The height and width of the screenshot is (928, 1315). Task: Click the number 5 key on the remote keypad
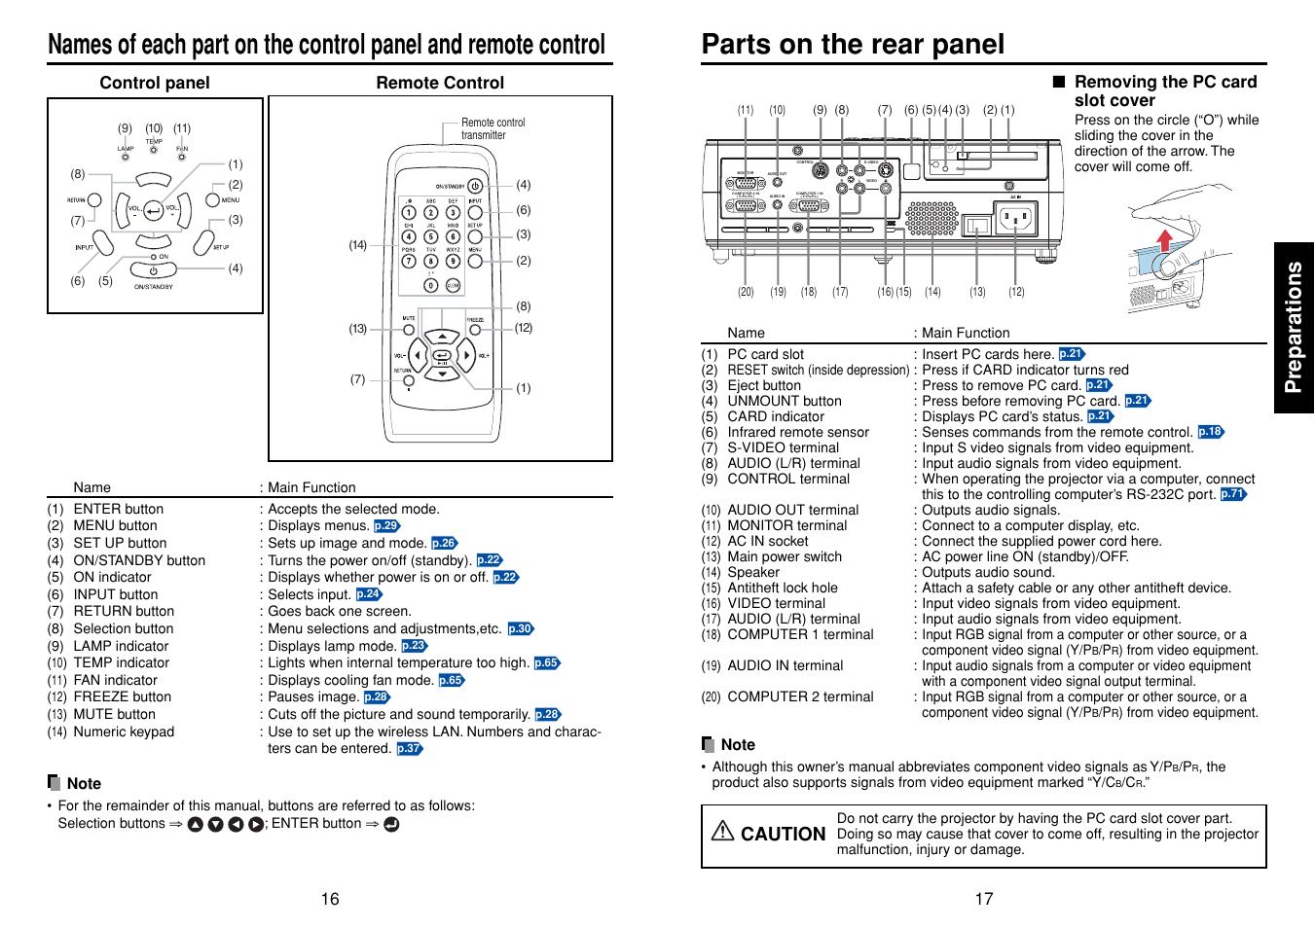pos(430,236)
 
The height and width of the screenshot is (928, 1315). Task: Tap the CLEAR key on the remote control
pos(453,285)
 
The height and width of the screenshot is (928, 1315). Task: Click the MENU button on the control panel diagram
pos(212,200)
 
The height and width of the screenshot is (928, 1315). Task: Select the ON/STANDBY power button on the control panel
pos(153,270)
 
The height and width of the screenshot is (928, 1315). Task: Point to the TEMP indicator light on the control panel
pos(154,150)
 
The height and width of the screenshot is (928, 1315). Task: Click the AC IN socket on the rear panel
pos(1014,220)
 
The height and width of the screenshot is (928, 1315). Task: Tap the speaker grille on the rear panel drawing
pos(931,219)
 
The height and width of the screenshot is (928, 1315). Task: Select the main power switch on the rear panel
pos(978,226)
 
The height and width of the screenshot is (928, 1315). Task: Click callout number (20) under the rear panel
pos(746,292)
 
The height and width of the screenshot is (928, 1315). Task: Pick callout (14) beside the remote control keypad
pos(358,245)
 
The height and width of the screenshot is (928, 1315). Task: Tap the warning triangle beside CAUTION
pos(722,831)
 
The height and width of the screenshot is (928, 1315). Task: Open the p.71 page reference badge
pos(1232,494)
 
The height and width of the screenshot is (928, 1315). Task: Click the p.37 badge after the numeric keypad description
pos(409,749)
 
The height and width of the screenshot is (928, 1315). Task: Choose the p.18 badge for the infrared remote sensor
pos(1210,432)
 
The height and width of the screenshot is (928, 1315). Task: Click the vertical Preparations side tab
pos(1294,328)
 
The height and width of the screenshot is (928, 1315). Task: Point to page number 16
pos(330,899)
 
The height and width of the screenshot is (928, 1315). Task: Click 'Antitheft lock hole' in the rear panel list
pos(782,588)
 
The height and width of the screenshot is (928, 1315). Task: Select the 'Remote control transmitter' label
pos(493,128)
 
